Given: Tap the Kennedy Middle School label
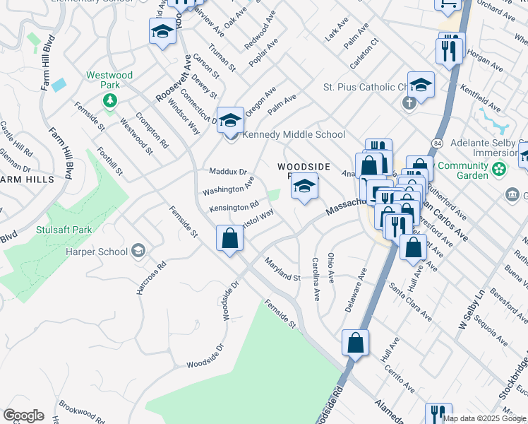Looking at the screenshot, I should [294, 134].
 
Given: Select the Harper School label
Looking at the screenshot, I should [97, 252].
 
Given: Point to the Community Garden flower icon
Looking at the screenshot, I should [499, 170].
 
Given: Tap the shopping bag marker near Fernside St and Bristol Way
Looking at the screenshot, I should [230, 238].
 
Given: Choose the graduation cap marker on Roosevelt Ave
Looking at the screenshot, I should [162, 33].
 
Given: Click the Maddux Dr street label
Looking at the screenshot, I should [228, 172].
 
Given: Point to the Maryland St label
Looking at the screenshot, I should [282, 269].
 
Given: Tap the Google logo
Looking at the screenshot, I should [23, 416].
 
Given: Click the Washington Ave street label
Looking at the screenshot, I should [228, 189].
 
